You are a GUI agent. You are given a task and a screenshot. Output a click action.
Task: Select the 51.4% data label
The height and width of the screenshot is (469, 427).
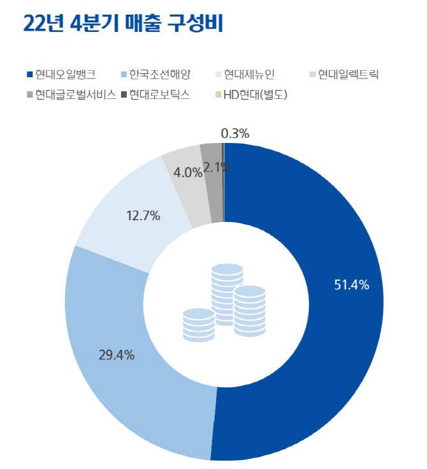point(352,285)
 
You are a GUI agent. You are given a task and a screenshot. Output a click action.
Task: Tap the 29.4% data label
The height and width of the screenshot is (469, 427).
point(116,355)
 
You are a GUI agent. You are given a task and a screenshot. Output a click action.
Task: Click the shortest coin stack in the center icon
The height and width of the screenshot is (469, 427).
point(198,324)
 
